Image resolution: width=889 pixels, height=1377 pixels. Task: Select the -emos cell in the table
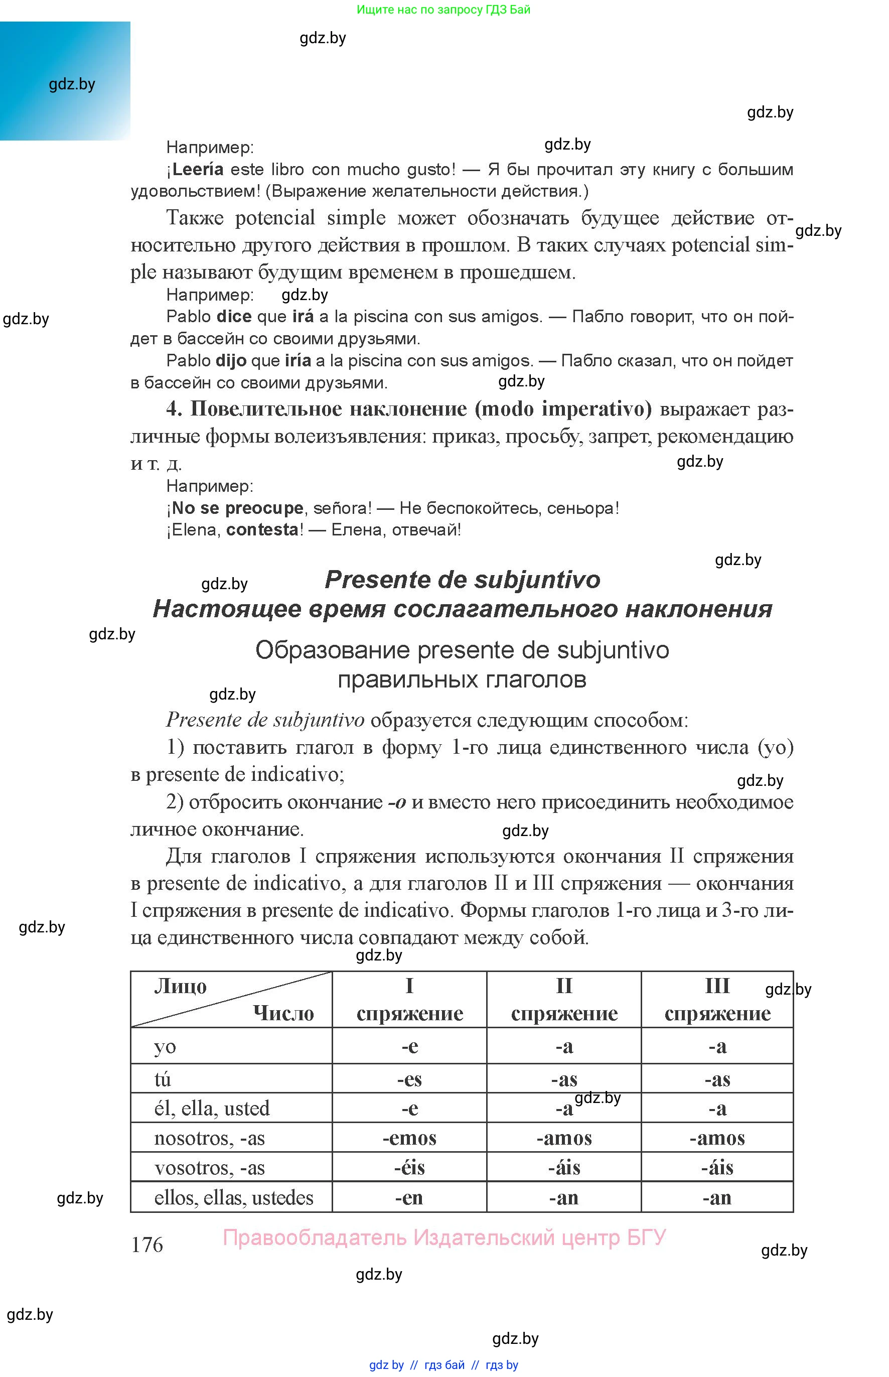409,1138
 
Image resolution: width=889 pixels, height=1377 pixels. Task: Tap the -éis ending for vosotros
409,1167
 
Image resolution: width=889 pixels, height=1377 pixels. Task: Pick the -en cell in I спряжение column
409,1197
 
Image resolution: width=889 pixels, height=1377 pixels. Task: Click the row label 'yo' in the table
165,1047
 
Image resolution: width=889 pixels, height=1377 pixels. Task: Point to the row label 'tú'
162,1078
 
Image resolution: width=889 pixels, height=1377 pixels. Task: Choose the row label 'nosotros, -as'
209,1138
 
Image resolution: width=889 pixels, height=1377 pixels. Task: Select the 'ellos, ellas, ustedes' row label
233,1197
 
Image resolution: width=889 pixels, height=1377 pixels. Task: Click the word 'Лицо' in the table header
180,986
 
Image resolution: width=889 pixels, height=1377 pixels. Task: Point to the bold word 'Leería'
198,169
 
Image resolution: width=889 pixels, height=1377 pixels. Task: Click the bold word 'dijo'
231,361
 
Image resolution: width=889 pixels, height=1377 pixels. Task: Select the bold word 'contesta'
262,529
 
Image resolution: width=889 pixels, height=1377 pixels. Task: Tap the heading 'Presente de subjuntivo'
463,580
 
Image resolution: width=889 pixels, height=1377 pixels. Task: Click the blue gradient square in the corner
65,81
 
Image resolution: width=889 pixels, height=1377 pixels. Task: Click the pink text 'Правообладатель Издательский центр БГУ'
444,1237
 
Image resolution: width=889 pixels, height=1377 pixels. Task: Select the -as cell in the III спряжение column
717,1078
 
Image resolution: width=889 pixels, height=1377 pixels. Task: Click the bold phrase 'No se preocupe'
237,508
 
